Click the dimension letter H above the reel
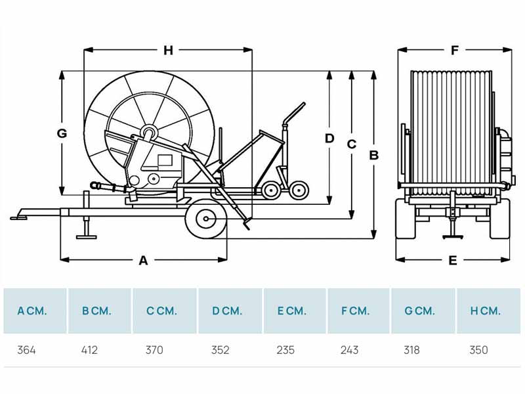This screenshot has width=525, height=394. tap(168, 51)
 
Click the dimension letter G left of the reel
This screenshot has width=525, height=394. tap(62, 133)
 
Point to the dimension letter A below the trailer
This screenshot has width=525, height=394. tap(143, 260)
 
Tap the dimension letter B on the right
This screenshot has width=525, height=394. tap(373, 156)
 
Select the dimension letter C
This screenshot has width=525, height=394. tap(352, 144)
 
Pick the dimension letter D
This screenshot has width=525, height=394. tap(329, 138)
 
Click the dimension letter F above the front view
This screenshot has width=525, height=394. tap(455, 51)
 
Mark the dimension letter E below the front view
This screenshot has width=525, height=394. tap(453, 260)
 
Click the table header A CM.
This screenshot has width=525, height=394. tap(32, 311)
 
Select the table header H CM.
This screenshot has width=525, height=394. tap(486, 311)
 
